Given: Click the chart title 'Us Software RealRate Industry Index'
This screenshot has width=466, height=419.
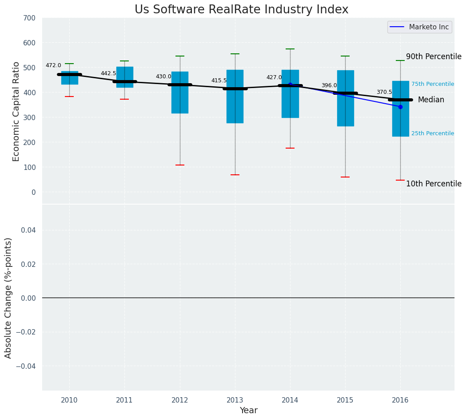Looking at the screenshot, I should [x=241, y=10].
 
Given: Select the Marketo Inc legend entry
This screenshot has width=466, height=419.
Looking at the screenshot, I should [x=419, y=27].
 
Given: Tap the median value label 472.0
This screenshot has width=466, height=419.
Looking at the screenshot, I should [x=53, y=65].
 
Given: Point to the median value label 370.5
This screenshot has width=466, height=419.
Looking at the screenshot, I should [x=384, y=92].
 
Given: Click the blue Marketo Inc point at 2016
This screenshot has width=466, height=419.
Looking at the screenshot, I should [x=400, y=107].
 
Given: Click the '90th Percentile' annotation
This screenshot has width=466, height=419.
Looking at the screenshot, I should [x=434, y=56].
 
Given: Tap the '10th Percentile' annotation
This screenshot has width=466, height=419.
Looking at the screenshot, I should [x=434, y=184].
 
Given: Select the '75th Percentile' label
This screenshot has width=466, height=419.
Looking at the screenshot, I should [x=432, y=84].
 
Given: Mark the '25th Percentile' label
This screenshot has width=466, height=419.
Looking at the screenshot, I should [x=432, y=133].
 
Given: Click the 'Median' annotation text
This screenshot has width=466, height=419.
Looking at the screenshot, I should [x=431, y=100].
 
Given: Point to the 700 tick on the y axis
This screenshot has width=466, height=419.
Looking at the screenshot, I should [x=29, y=18].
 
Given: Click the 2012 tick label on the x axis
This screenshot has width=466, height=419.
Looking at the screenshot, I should [x=180, y=400].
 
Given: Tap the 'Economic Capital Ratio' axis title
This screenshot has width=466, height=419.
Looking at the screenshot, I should [x=16, y=111].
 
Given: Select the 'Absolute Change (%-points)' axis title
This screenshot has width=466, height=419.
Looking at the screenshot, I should [x=8, y=298].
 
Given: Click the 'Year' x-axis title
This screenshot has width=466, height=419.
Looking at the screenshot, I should [x=248, y=411].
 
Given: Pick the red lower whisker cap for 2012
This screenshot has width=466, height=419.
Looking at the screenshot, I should [x=180, y=165].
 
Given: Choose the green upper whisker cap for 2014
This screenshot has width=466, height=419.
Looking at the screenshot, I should [x=290, y=49].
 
